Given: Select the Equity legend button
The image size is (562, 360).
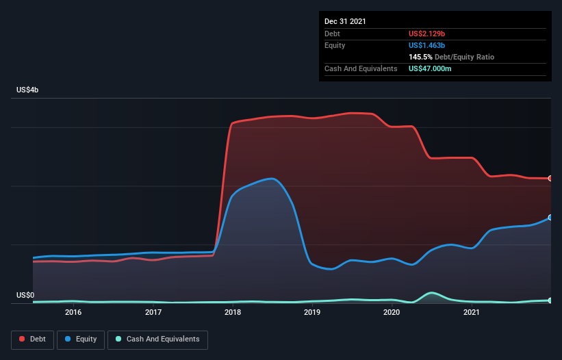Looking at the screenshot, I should tap(81, 339).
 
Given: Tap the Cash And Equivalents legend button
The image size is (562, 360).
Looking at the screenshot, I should tap(157, 339).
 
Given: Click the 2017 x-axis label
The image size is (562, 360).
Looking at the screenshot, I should tap(153, 312).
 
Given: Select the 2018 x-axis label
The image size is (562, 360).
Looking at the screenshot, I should tap(233, 312).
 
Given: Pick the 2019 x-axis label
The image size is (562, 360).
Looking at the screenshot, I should tap(312, 312).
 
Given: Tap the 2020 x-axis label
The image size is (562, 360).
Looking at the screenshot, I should tap(392, 312).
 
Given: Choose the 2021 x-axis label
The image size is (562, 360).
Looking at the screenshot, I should tap(471, 312).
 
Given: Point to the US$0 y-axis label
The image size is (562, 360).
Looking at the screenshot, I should tap(25, 296).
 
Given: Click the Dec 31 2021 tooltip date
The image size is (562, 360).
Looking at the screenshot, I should tap(345, 21).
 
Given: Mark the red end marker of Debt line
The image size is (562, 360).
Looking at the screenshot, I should tap(550, 179).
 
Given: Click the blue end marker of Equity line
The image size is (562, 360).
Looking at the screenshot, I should tap(550, 218).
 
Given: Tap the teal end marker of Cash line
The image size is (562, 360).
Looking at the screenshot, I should tap(550, 300).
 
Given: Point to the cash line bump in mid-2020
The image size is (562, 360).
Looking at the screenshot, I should tap(431, 293).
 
